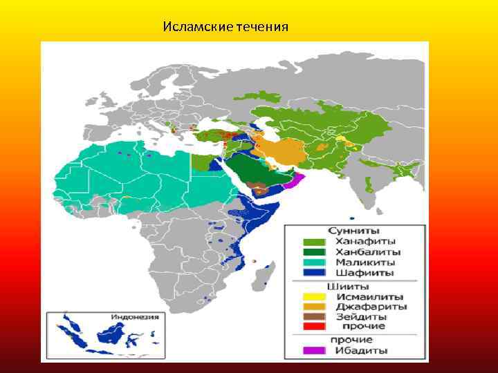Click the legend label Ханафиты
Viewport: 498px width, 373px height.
point(366,242)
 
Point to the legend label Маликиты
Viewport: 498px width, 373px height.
point(366,262)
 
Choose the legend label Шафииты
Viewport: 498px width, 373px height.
point(365,273)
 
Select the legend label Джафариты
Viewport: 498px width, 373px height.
point(371,306)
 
